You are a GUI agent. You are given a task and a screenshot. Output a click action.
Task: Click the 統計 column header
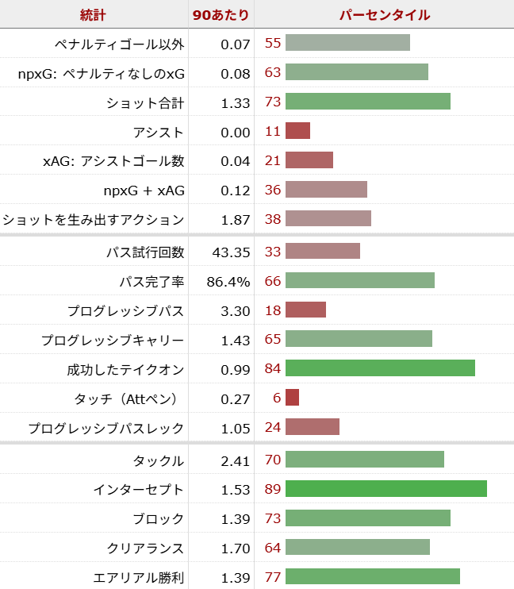pos(93,14)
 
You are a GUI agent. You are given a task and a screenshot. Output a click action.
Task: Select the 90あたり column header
pos(221,14)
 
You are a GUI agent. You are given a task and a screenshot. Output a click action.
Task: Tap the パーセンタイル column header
pos(384,14)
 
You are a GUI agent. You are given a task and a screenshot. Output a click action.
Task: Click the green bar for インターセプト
pos(385,489)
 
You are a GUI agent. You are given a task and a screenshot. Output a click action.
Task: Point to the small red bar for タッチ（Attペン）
pos(292,398)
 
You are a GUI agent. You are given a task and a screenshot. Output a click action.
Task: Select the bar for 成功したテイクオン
pos(380,368)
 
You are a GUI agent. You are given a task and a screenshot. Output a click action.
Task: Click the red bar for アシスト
pos(297,131)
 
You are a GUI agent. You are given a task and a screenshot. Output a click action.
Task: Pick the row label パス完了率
pos(152,281)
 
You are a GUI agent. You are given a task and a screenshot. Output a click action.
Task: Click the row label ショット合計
pos(145,102)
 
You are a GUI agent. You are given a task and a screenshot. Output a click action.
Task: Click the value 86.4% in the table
pos(228,281)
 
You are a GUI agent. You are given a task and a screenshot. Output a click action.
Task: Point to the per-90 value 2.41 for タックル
pos(234,460)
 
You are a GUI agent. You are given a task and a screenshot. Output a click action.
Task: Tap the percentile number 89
pos(273,489)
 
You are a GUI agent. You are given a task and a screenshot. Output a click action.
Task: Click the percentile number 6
pos(277,398)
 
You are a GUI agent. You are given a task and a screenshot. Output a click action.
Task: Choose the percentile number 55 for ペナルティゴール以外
pos(273,43)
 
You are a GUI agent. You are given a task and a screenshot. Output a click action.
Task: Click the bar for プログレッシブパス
pos(305,310)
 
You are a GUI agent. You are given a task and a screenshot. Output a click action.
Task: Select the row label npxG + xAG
pos(144,191)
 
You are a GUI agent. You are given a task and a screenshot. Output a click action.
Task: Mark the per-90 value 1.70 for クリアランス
pos(234,548)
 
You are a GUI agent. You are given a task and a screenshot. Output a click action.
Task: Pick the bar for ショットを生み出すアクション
pos(328,218)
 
